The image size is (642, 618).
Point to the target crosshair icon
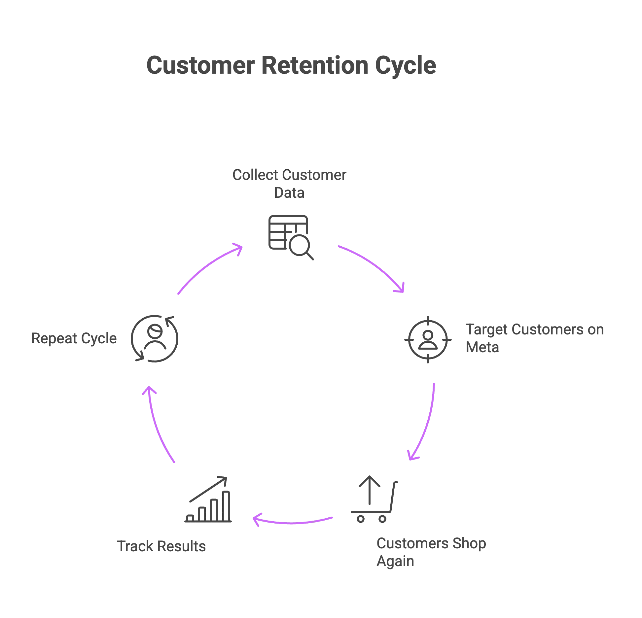[x=428, y=339]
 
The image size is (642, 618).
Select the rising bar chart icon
[x=208, y=500]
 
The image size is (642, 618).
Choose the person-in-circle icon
[x=155, y=339]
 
